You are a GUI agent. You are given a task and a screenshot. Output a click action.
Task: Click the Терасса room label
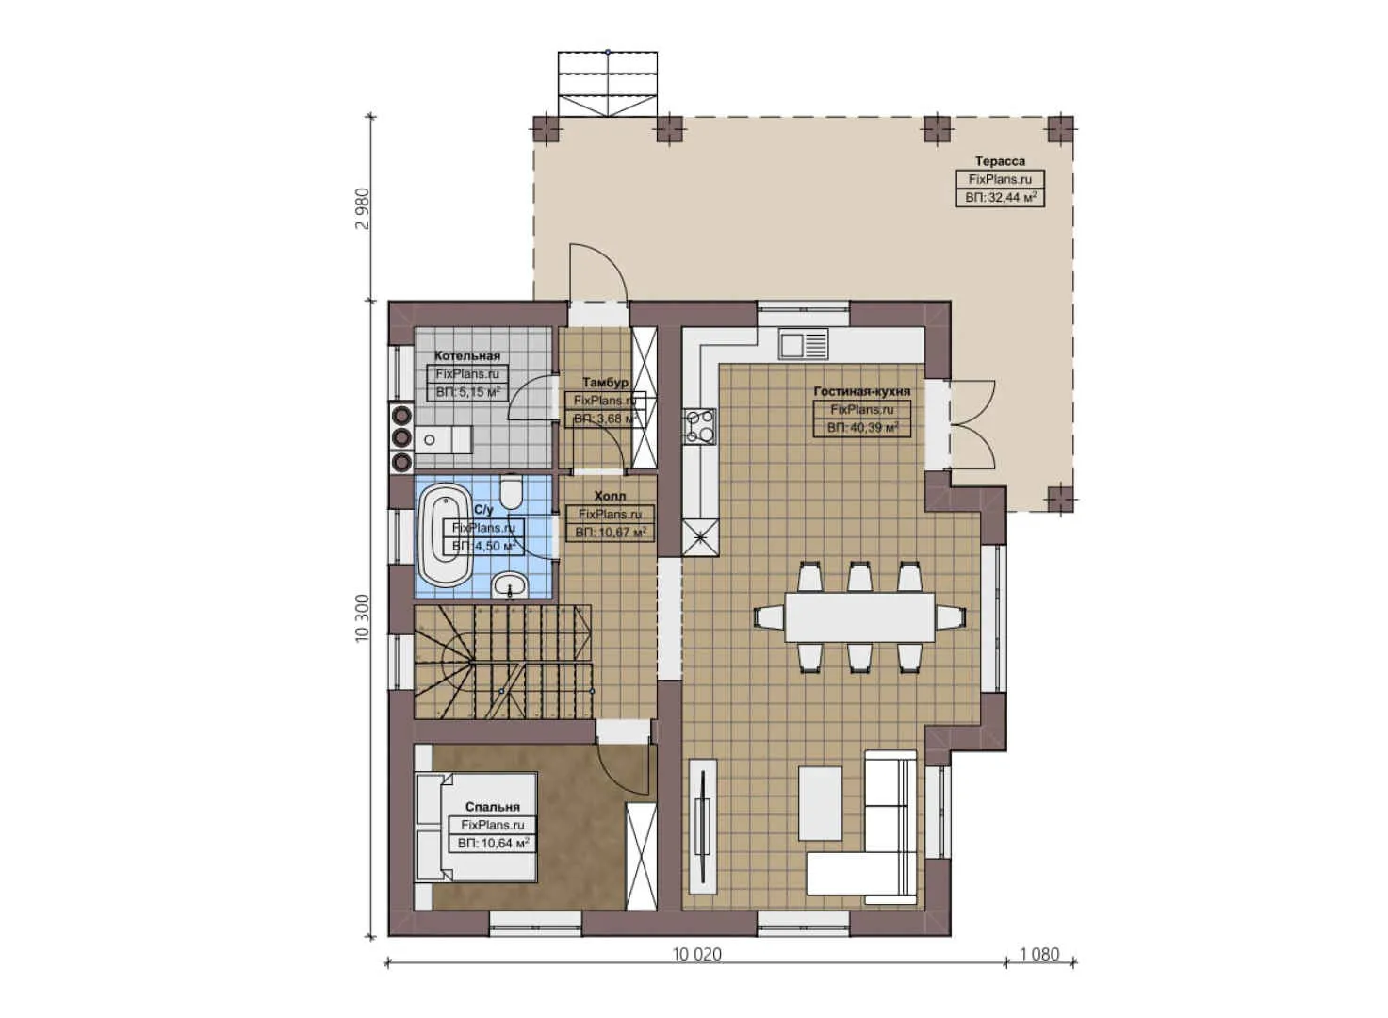coord(1000,161)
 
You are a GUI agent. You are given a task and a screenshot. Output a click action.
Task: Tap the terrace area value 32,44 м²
coord(1000,198)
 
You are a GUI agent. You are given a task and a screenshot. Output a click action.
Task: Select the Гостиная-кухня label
coord(862,391)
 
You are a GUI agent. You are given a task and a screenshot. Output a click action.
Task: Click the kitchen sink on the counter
coord(803,343)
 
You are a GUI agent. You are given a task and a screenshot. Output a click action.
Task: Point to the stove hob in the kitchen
coord(699,425)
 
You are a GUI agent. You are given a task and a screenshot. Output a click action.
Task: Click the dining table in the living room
coord(859,616)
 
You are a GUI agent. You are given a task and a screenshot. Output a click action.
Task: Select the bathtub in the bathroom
coord(445,534)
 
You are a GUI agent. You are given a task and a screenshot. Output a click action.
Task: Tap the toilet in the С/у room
coord(512,491)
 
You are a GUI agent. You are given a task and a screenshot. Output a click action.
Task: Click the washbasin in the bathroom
coord(511,584)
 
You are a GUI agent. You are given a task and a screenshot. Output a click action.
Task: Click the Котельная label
coord(467,356)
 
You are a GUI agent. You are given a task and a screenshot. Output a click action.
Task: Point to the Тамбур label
coord(605,383)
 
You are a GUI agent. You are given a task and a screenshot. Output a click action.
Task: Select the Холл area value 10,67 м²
coord(611,533)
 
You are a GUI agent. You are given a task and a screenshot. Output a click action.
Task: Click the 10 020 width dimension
coord(696,954)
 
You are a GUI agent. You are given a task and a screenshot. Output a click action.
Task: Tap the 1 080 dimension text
coord(1039,954)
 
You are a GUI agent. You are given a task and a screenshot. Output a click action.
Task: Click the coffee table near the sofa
coord(820,803)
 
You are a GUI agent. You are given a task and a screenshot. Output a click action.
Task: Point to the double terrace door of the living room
coord(961,424)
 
